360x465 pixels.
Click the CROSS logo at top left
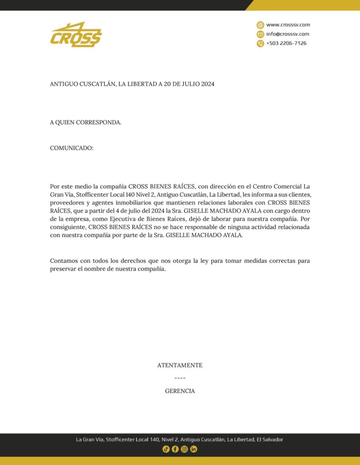[x=76, y=35]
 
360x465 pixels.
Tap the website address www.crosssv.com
[x=288, y=25]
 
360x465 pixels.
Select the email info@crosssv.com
[x=287, y=34]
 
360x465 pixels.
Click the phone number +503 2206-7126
[x=286, y=44]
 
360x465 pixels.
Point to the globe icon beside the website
[x=260, y=25]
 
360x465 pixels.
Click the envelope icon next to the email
[x=260, y=35]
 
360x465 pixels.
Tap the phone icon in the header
[x=260, y=44]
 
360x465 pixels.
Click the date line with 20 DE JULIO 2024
[x=132, y=84]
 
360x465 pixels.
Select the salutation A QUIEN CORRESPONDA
[x=85, y=122]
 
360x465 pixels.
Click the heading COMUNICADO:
[x=71, y=148]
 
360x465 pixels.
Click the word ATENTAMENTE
[x=180, y=365]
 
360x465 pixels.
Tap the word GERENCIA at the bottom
[x=180, y=391]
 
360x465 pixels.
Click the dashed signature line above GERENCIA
[x=180, y=378]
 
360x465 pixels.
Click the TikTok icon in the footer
[x=166, y=449]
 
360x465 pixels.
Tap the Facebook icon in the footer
[x=175, y=449]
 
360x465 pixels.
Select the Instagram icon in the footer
[x=184, y=449]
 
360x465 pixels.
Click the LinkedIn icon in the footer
[x=194, y=449]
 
